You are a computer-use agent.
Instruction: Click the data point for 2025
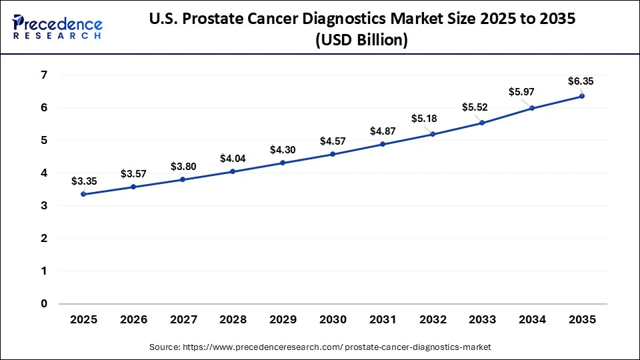tap(83, 194)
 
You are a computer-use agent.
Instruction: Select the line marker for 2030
tap(333, 154)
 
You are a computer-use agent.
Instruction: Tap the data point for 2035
tap(582, 96)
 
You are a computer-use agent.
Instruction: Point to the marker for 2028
tap(233, 171)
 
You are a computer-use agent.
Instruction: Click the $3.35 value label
tap(83, 181)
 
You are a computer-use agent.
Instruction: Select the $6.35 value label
tap(581, 81)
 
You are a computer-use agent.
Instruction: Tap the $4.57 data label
tap(333, 141)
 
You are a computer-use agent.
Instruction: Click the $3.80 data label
tap(183, 166)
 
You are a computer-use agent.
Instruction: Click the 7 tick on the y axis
tap(44, 75)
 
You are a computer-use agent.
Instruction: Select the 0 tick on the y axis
tap(44, 304)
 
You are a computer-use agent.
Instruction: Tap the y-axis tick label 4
tap(44, 173)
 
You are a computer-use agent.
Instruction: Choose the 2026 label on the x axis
tap(133, 320)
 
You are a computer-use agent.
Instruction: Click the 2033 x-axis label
tap(482, 320)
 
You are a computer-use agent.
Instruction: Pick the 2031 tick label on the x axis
tap(383, 320)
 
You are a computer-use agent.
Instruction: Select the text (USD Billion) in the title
tap(361, 40)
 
